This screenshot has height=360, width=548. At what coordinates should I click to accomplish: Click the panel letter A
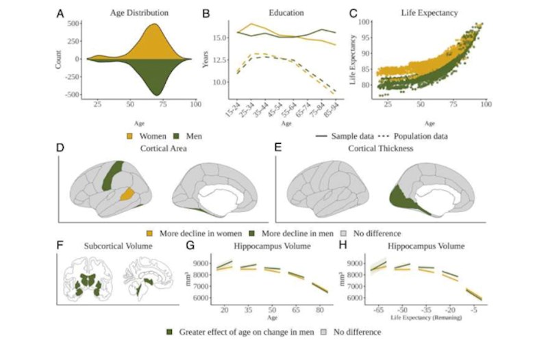[62, 12]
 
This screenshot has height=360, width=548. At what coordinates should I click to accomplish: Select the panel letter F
[62, 244]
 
